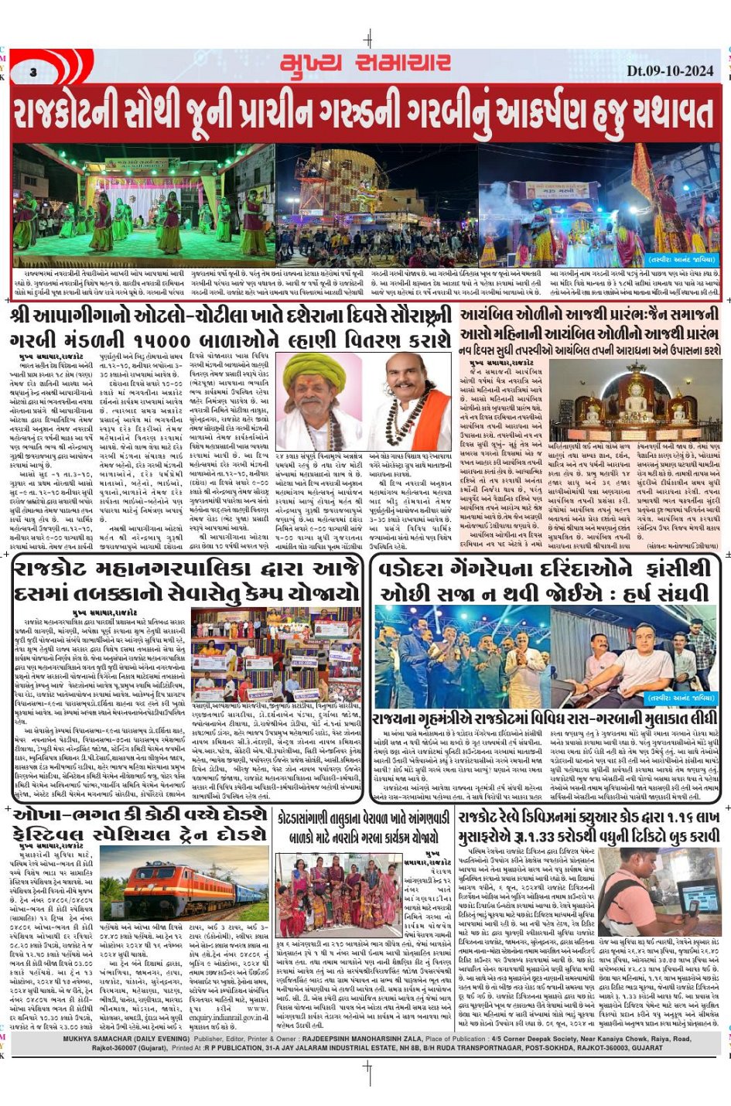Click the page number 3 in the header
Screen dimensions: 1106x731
pyautogui.click(x=33, y=72)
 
